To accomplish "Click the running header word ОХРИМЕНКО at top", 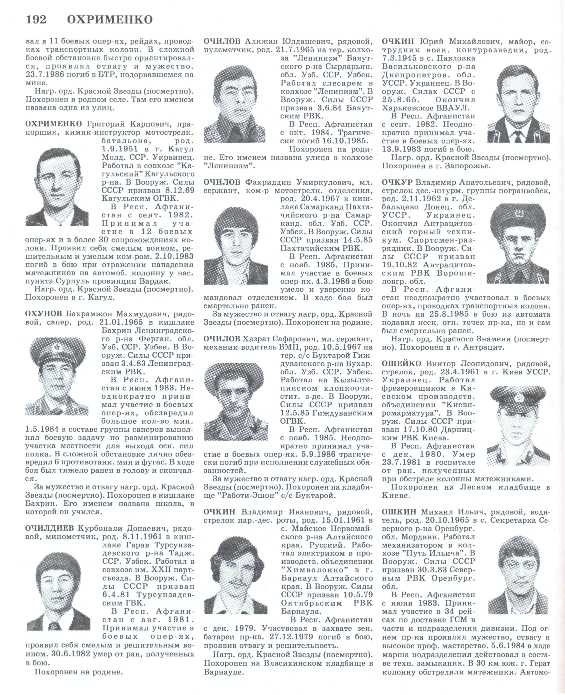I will tap(110, 20).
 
